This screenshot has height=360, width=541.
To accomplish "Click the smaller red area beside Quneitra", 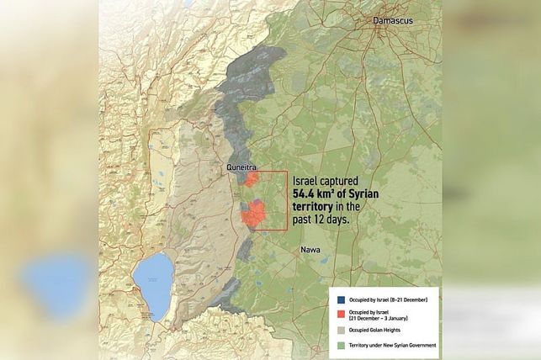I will click(251, 178).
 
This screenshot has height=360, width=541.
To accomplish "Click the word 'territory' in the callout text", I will click(314, 205).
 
